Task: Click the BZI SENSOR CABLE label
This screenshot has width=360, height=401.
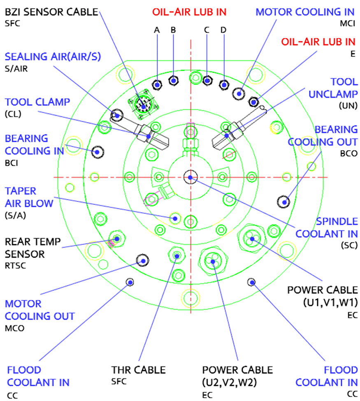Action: (51, 12)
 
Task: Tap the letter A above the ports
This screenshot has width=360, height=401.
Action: (156, 30)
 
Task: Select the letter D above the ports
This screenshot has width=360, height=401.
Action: (223, 30)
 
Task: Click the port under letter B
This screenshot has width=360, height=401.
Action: (174, 81)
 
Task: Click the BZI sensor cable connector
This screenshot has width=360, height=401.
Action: (144, 106)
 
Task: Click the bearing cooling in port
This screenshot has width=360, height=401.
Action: (98, 152)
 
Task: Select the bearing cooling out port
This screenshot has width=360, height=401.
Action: (283, 202)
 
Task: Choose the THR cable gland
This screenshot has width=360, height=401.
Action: (177, 255)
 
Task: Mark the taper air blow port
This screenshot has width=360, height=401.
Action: (175, 217)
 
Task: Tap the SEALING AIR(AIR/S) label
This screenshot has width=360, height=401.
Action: (53, 56)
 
